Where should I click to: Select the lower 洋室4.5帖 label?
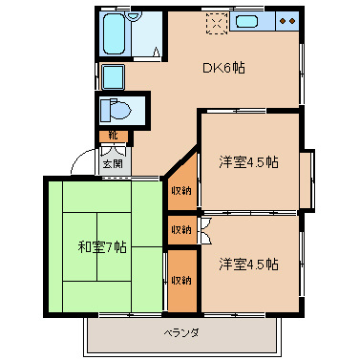point(247,263)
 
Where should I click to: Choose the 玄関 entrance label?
point(113,162)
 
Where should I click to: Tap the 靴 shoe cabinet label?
point(112,136)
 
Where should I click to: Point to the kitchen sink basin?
point(247,22)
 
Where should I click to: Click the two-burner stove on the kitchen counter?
point(285,21)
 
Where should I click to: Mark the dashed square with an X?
point(216,22)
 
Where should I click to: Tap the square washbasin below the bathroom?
point(112,76)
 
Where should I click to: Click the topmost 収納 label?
point(180,190)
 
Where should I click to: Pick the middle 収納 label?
point(180,229)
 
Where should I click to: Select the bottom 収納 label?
point(180,280)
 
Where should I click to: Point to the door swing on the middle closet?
point(201,229)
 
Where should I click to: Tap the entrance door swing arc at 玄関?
point(113,149)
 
